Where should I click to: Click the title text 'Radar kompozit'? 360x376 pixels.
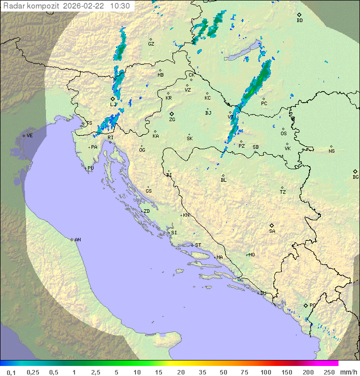coord(30,6)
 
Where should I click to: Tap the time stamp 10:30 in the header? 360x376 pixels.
coord(120,6)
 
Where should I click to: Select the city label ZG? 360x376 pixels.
coord(172,120)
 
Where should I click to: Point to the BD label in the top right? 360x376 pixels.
coord(299,21)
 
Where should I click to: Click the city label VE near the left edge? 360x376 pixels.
coord(29,136)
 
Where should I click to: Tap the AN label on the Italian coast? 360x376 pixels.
coord(77,240)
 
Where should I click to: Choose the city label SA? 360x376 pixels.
coord(272,231)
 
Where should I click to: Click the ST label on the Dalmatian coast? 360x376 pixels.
coord(198,245)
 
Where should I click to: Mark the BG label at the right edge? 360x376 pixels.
coord(355,177)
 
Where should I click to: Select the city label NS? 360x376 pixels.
coord(331,151)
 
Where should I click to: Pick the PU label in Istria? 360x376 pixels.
coord(90,168)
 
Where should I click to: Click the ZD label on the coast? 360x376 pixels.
coord(146,211)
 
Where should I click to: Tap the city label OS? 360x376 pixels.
coord(283,134)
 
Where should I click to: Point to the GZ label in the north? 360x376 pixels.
coord(151,44)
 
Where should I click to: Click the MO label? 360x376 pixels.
coord(251,255)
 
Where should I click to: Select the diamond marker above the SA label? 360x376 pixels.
coord(272,225)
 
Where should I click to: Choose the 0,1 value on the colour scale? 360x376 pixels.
coord(11,372)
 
